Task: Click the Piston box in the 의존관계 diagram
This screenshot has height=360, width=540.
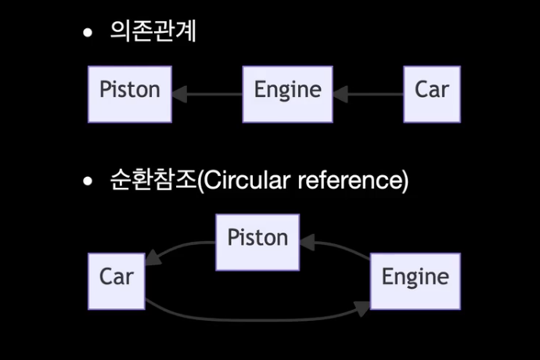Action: [x=130, y=94]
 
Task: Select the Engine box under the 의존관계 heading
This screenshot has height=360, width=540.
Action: [x=287, y=94]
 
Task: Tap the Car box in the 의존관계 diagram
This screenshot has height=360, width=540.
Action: [x=431, y=94]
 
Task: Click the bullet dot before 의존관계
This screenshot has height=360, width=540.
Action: [x=88, y=33]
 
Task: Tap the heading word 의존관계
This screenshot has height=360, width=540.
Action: [x=153, y=32]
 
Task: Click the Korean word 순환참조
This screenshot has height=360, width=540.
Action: [x=153, y=182]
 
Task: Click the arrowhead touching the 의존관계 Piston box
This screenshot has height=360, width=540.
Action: [x=179, y=95]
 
